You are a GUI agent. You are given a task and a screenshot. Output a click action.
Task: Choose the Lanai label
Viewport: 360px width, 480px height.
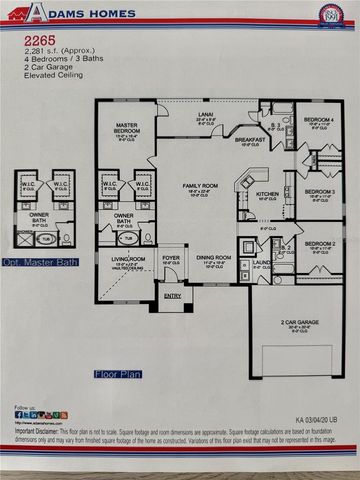pos(207,115)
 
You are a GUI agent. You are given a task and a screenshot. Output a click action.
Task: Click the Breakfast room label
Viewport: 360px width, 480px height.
pos(249,140)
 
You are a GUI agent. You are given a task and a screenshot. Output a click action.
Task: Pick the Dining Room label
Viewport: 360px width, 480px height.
pos(212,257)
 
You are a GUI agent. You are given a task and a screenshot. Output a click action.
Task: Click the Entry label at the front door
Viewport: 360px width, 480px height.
pos(171,295)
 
